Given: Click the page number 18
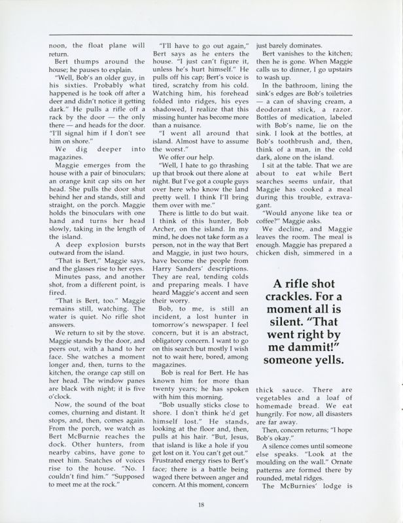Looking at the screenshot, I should coord(201,503).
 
